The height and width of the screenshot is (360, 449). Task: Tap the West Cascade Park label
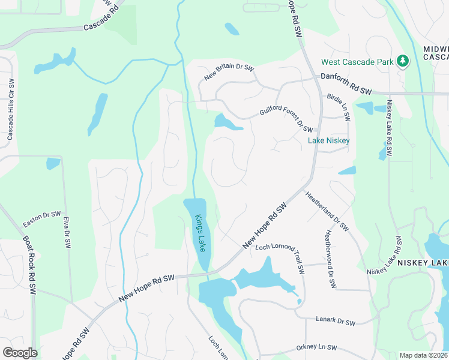tap(357, 62)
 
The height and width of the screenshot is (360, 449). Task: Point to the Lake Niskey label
tap(328, 140)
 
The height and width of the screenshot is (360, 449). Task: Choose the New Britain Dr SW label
tap(229, 71)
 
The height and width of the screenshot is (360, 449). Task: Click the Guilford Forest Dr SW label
tap(286, 120)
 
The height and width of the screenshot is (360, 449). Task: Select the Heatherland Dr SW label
tap(327, 211)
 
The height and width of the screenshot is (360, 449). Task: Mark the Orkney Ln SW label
tap(316, 347)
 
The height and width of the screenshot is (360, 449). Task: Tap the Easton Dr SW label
tap(42, 219)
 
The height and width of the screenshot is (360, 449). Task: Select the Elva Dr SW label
tap(67, 232)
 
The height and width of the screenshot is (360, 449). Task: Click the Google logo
tap(20, 353)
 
